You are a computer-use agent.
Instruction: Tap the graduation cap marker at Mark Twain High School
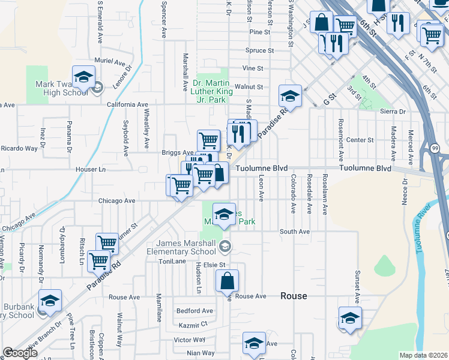tap(84, 77)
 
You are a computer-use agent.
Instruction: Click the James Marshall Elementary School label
tap(185, 247)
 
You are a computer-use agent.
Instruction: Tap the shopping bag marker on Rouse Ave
tap(228, 281)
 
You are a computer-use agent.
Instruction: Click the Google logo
tap(20, 353)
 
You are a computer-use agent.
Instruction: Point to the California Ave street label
tap(127, 104)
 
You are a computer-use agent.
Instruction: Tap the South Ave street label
tap(295, 231)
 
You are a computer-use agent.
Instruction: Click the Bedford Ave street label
tap(194, 311)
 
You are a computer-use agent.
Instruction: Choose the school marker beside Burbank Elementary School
tap(50, 301)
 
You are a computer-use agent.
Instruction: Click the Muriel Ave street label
tap(109, 62)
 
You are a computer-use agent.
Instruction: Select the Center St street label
tap(360, 140)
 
